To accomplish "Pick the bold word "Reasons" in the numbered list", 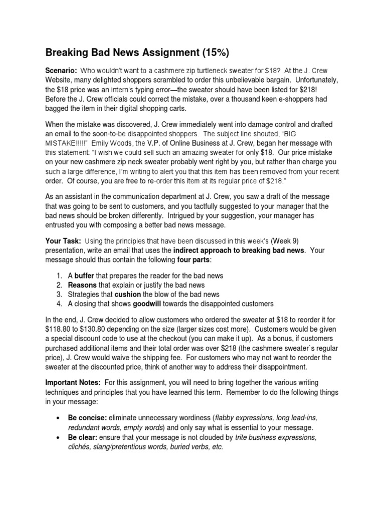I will [x=82, y=285].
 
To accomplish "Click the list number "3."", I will [x=60, y=294].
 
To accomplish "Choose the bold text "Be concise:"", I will [x=87, y=418].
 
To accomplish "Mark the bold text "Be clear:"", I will [x=83, y=437].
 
